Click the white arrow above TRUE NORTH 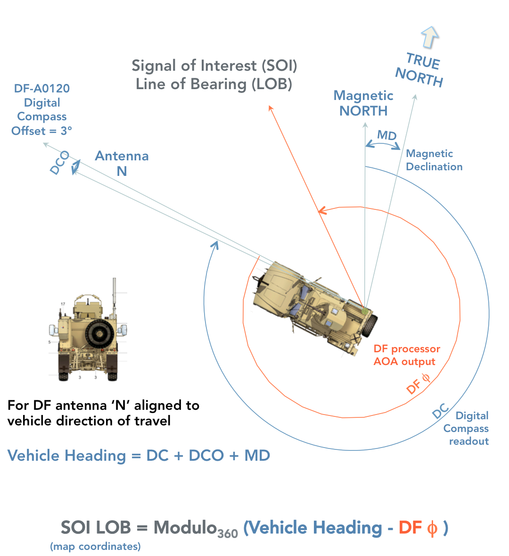[429, 37]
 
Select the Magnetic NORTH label [363, 103]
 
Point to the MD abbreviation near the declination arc [386, 136]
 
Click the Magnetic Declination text [434, 160]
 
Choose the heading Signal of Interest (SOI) [214, 66]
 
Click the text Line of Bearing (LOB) [214, 84]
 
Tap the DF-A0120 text [42, 88]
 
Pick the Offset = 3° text [42, 131]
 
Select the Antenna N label [122, 163]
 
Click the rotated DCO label [60, 163]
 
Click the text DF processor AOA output [407, 355]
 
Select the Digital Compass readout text [466, 428]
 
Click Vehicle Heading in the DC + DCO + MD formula [66, 456]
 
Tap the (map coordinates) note [95, 547]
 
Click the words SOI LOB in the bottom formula [96, 527]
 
